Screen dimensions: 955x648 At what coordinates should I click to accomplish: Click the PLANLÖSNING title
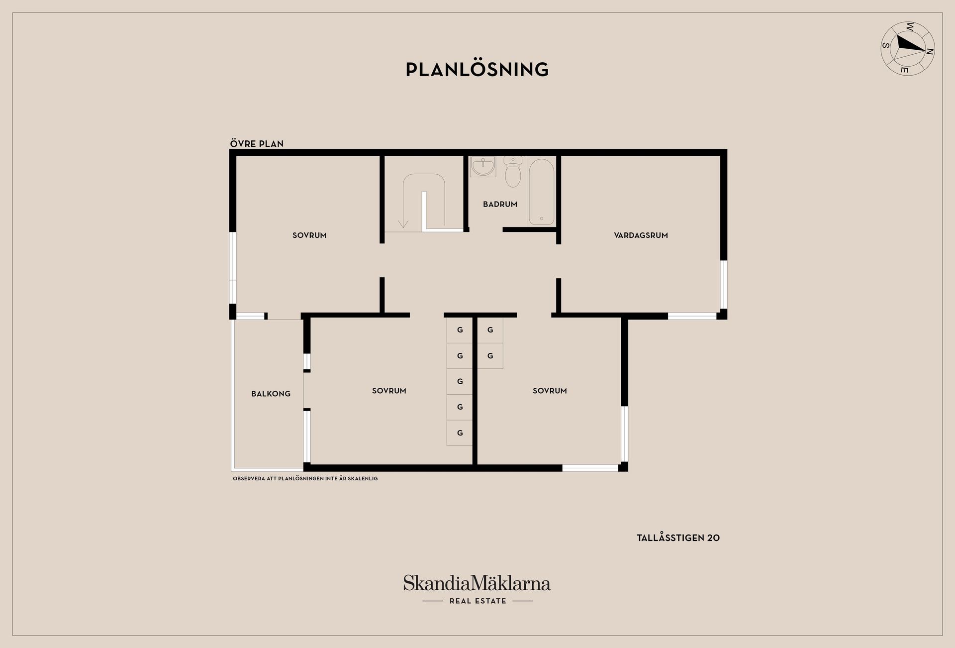click(477, 69)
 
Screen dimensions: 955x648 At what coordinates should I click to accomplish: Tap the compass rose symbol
click(908, 49)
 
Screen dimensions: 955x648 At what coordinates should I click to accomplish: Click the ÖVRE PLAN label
click(257, 144)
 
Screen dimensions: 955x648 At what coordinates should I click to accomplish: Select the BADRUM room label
click(500, 204)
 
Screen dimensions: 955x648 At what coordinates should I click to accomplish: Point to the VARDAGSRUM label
click(641, 235)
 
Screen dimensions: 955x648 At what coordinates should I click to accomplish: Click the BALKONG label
click(271, 394)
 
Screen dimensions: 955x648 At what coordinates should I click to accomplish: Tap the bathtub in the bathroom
click(541, 192)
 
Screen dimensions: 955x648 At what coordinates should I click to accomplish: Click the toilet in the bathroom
click(513, 172)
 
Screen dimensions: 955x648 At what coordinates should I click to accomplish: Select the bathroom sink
click(483, 166)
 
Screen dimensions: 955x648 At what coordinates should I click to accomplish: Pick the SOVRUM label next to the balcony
click(389, 391)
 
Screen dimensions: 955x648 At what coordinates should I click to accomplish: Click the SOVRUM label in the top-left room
click(309, 235)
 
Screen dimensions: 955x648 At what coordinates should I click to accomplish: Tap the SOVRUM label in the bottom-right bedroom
click(550, 391)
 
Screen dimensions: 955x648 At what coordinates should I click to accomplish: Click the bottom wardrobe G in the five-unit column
click(460, 433)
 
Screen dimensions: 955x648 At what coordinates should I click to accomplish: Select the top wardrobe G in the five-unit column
click(460, 330)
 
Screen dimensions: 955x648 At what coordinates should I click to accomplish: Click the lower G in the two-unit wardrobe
click(490, 356)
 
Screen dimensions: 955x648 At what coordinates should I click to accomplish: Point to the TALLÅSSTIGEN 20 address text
click(678, 538)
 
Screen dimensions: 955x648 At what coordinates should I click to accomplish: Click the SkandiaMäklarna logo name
click(477, 583)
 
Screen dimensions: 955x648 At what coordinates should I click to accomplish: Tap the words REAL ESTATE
click(477, 601)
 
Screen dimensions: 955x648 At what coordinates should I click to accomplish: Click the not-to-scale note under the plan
click(305, 479)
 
